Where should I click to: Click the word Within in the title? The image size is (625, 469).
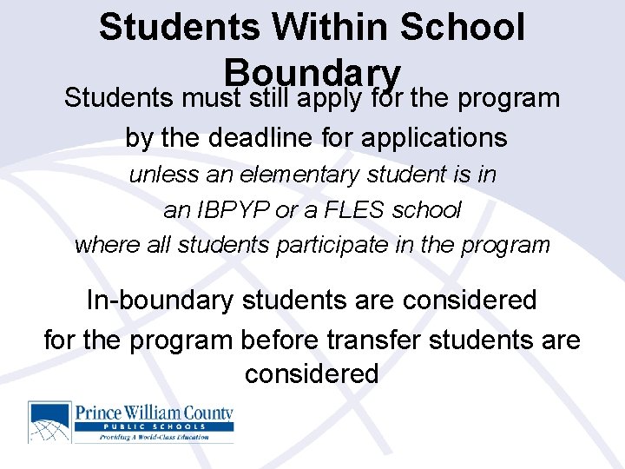[325, 27]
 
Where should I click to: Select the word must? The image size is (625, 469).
[212, 98]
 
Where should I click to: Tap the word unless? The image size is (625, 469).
[164, 175]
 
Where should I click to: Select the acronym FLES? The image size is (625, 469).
[361, 209]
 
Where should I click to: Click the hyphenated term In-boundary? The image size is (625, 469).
[161, 301]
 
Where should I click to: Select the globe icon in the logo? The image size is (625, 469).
[50, 422]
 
